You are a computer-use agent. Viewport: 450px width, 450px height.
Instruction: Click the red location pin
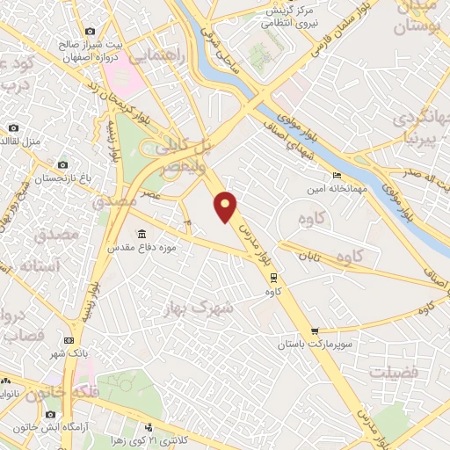pyautogui.click(x=227, y=206)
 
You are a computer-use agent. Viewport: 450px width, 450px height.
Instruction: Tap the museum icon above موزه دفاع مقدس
pyautogui.click(x=142, y=235)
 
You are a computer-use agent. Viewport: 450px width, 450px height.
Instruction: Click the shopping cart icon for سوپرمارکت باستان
pyautogui.click(x=314, y=331)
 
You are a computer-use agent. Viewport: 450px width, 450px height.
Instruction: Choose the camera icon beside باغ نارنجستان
pyautogui.click(x=62, y=164)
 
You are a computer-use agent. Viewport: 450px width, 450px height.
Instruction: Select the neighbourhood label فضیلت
pyautogui.click(x=391, y=373)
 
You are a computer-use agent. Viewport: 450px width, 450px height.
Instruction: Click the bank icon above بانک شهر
pyautogui.click(x=69, y=341)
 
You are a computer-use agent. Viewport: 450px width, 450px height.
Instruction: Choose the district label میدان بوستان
pyautogui.click(x=427, y=18)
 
